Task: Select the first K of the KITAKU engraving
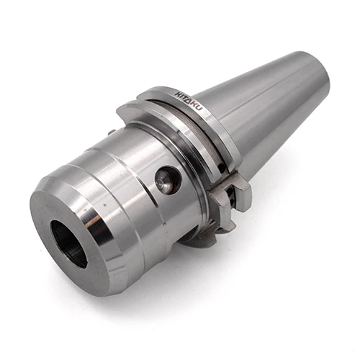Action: [x=176, y=94]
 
